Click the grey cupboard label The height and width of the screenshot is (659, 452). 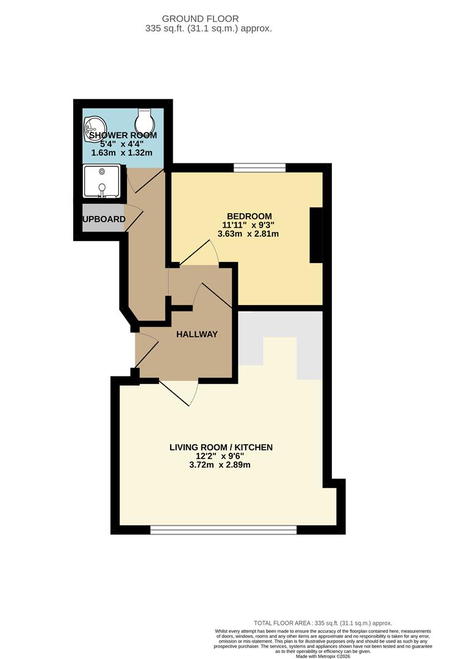(104, 219)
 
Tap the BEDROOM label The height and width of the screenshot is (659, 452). (249, 216)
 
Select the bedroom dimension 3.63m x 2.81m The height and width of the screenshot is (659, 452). (249, 234)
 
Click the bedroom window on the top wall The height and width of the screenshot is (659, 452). (260, 167)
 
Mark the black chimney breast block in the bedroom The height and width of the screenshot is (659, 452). (316, 235)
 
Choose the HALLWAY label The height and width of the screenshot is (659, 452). (196, 334)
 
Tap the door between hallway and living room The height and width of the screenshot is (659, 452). (179, 392)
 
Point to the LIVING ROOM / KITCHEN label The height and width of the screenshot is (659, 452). (221, 447)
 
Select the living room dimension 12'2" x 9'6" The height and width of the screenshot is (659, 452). (221, 456)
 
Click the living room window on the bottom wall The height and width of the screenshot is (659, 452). (223, 530)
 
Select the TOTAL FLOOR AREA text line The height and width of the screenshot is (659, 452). (323, 623)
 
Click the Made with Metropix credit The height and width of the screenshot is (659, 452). (323, 655)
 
